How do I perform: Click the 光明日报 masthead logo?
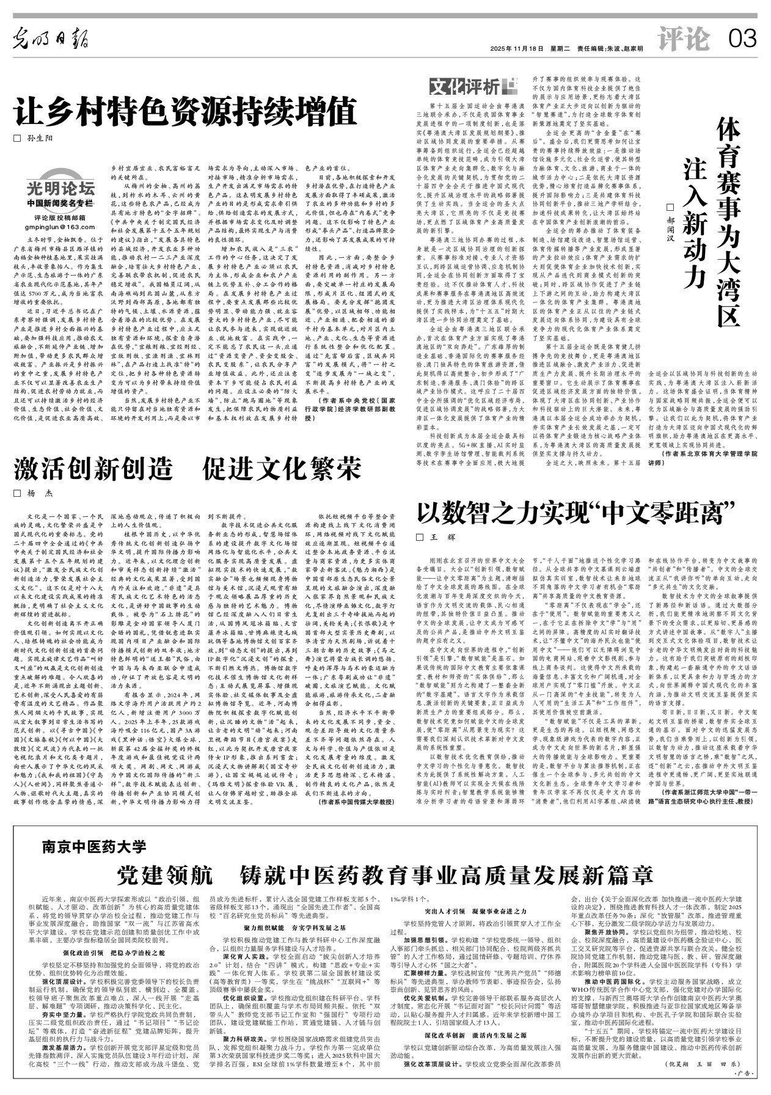pyautogui.click(x=52, y=40)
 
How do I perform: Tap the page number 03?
pyautogui.click(x=742, y=40)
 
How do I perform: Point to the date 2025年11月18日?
pyautogui.click(x=516, y=48)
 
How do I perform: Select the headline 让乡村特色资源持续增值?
pyautogui.click(x=185, y=111)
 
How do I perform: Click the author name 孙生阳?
pyautogui.click(x=40, y=138)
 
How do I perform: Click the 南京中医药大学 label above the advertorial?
pyautogui.click(x=94, y=846)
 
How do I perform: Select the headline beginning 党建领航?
pyautogui.click(x=385, y=875)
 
